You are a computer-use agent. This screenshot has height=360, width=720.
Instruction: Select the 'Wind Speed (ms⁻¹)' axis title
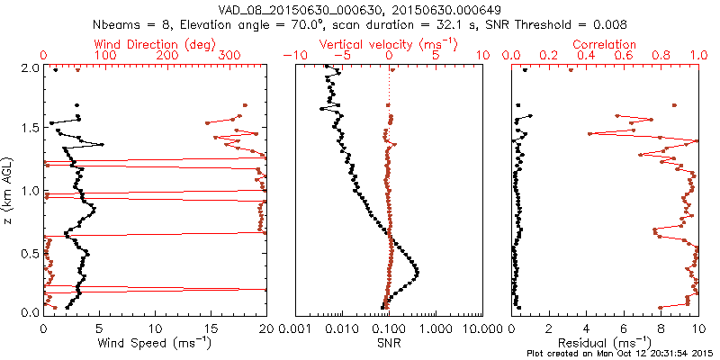tap(156, 344)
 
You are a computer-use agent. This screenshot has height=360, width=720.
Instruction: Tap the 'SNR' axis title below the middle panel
tap(389, 344)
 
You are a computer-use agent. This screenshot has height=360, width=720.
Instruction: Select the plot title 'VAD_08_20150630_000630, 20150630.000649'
tap(360, 8)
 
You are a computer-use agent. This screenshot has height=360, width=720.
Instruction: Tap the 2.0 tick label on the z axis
tap(29, 67)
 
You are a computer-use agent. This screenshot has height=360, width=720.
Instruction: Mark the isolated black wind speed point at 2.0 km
tap(56, 70)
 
